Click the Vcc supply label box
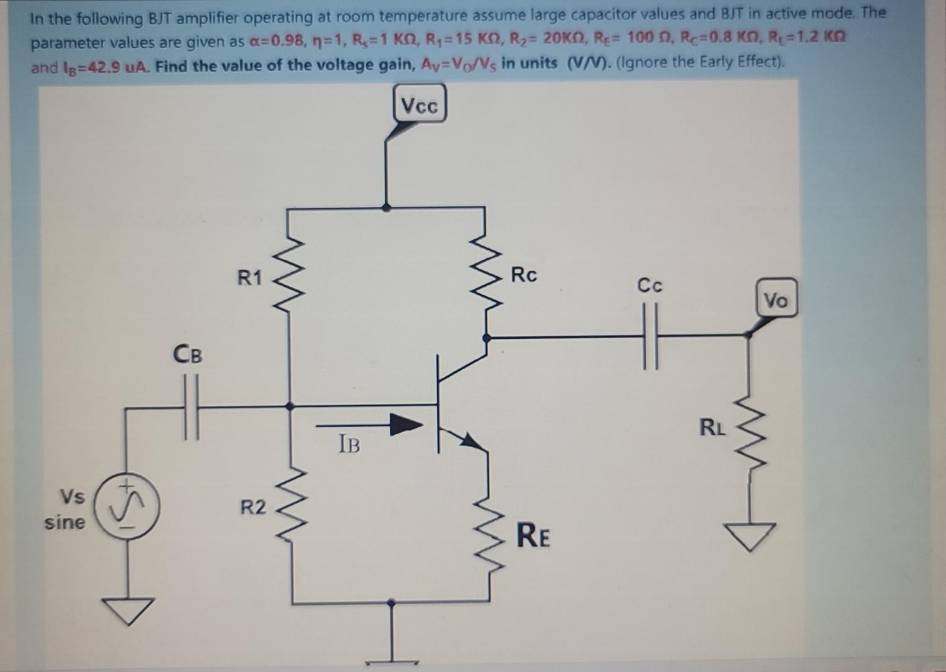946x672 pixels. (420, 105)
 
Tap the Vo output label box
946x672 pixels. (775, 300)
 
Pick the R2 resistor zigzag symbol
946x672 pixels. (290, 508)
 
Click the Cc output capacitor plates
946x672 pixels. (650, 337)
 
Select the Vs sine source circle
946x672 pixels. (129, 507)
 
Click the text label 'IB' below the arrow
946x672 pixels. (349, 444)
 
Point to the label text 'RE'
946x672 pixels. (533, 536)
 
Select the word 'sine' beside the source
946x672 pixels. (65, 523)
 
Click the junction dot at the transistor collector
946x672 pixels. (487, 337)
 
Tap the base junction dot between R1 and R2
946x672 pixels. (289, 406)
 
